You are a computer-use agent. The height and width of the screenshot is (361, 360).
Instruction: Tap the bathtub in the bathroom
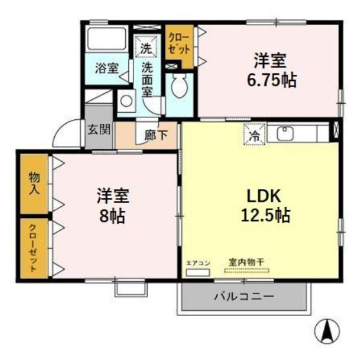[106, 38]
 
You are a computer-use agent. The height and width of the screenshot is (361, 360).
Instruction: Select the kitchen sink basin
[286, 134]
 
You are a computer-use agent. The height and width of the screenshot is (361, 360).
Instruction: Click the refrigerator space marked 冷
[255, 134]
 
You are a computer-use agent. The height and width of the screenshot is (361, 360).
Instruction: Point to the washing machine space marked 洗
[146, 46]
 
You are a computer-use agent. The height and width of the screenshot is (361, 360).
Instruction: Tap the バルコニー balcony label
[245, 297]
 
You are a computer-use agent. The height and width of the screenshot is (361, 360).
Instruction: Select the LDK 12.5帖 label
[265, 206]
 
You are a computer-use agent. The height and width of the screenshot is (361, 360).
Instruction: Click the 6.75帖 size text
[272, 81]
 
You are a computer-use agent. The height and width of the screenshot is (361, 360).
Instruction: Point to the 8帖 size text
[112, 216]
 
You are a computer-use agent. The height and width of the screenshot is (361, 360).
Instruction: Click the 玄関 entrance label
[99, 129]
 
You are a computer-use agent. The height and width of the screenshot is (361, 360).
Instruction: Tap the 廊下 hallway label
[156, 135]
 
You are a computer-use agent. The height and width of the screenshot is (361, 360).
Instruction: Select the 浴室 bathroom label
[107, 68]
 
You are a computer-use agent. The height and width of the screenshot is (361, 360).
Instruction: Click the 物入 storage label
[34, 184]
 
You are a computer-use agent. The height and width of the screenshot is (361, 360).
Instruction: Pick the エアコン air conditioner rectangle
[198, 273]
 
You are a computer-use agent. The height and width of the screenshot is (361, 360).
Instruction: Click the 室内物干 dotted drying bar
[246, 271]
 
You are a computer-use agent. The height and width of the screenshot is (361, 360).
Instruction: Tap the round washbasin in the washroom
[126, 101]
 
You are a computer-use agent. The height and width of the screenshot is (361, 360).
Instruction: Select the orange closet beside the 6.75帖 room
[179, 46]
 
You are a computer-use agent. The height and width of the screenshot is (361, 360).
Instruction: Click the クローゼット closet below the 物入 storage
[34, 248]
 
